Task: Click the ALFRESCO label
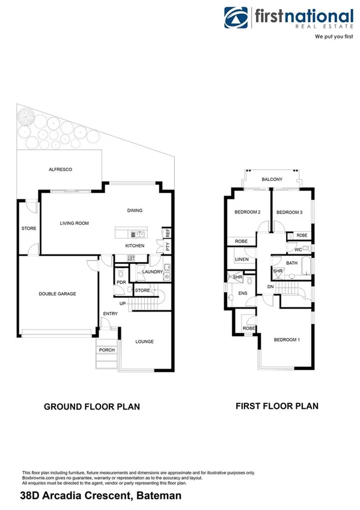60,170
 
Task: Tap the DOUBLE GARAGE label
57,293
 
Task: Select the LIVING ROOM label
74,223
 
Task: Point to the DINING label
135,210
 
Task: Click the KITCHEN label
134,247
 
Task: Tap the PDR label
121,282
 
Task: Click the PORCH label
107,350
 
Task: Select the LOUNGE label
144,342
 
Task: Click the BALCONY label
272,179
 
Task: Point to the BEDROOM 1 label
286,340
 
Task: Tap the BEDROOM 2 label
246,212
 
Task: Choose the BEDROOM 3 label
289,212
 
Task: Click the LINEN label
242,259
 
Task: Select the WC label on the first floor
297,249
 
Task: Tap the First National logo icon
237,19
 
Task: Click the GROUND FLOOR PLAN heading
92,407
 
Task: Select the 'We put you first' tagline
334,37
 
